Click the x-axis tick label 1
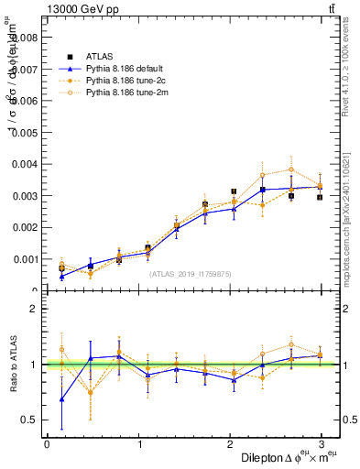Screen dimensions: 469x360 point(139,445)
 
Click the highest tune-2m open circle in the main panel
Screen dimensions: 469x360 point(291,169)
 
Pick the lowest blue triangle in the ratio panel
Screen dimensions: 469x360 point(61,399)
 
